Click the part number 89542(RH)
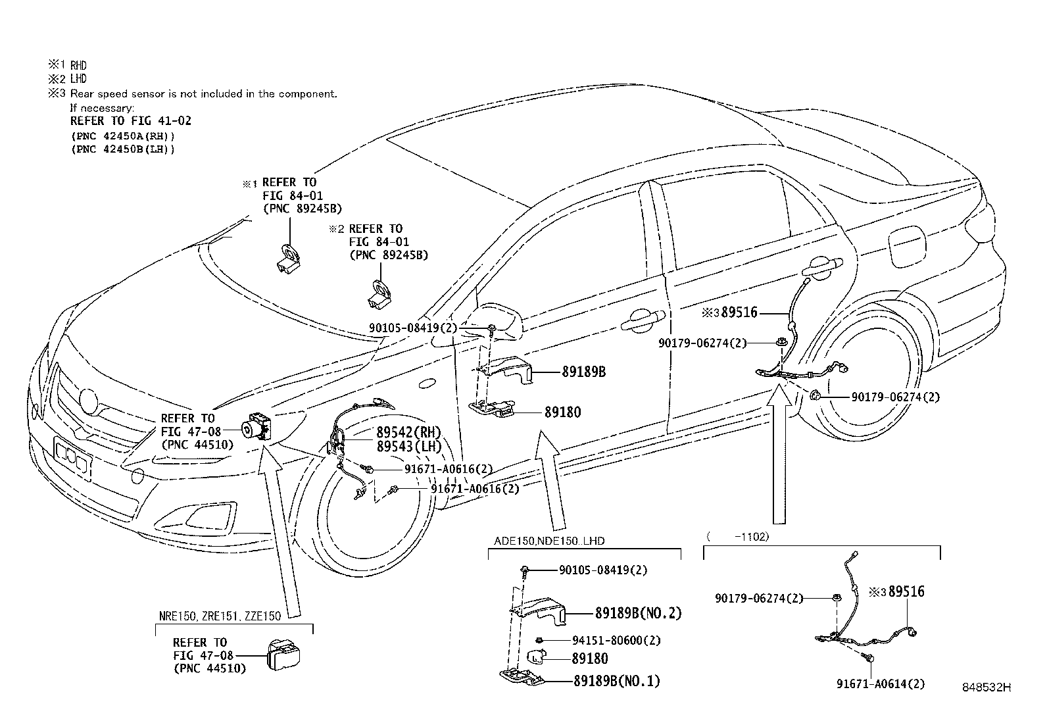[408, 432]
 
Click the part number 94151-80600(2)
[616, 640]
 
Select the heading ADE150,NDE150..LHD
[549, 541]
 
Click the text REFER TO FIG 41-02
[131, 121]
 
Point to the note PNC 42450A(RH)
[123, 136]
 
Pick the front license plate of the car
[73, 456]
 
